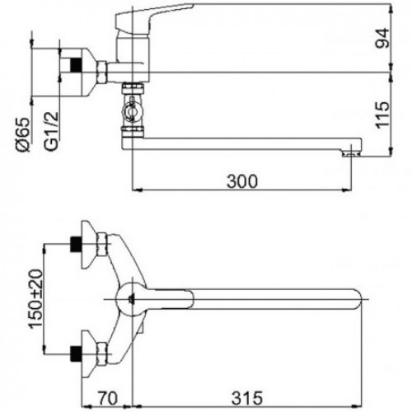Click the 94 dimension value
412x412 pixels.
pyautogui.click(x=382, y=38)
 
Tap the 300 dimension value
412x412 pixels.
pyautogui.click(x=242, y=181)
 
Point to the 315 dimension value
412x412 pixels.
pyautogui.click(x=247, y=398)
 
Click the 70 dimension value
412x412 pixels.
pyautogui.click(x=108, y=398)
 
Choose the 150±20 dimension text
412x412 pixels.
pyautogui.click(x=36, y=299)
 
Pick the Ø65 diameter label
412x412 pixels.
pyautogui.click(x=22, y=134)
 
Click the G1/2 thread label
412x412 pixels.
pyautogui.click(x=52, y=131)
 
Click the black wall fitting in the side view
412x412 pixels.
pyautogui.click(x=77, y=65)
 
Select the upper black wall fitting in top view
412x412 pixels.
pyautogui.click(x=77, y=244)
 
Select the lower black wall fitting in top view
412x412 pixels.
pyautogui.click(x=77, y=353)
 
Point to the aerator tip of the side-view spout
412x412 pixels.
pyautogui.click(x=351, y=153)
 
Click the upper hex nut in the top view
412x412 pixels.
pyautogui.click(x=101, y=244)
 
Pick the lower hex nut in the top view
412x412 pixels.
pyautogui.click(x=101, y=353)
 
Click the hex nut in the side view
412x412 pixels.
pyautogui.click(x=101, y=72)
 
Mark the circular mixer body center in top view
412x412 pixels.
pyautogui.click(x=133, y=299)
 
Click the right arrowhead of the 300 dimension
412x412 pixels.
pyautogui.click(x=347, y=190)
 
